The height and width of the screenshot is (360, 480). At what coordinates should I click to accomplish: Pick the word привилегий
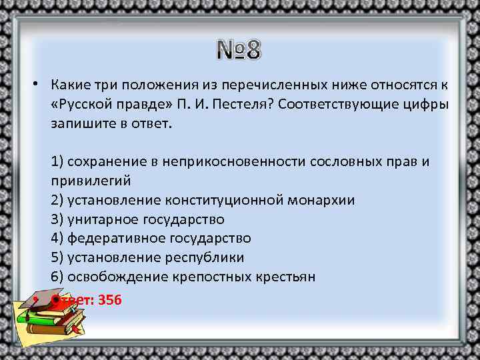(90, 181)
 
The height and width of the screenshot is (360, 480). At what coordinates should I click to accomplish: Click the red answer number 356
(109, 299)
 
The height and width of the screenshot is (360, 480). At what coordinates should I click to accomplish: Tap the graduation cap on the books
(46, 301)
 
